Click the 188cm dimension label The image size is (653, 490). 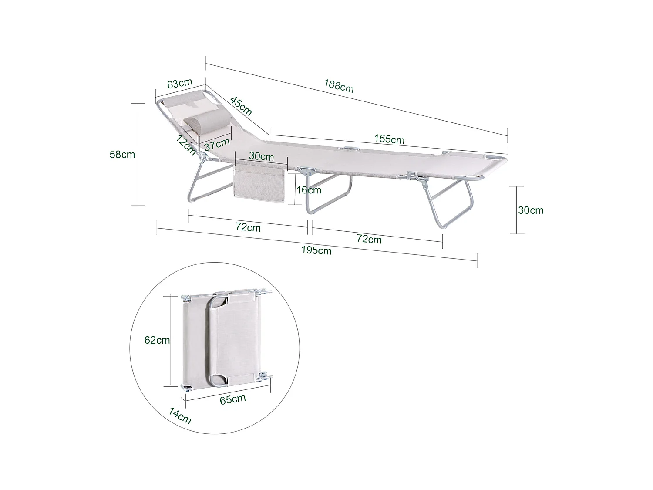tap(339, 86)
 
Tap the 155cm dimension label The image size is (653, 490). tap(389, 139)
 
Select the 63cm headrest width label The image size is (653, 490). tap(179, 83)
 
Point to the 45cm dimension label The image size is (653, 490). tap(241, 106)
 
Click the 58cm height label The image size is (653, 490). tap(122, 154)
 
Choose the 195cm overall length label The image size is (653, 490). tap(316, 250)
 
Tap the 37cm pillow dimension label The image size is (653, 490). tap(217, 144)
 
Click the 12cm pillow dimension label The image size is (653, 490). tap(186, 145)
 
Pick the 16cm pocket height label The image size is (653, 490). tap(309, 190)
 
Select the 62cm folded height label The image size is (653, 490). tap(157, 340)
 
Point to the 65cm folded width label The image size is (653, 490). tap(232, 399)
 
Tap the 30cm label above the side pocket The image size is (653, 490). tap(261, 156)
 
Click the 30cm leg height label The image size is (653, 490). tap(531, 210)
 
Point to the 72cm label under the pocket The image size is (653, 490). tap(248, 227)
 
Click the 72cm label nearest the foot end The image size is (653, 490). tap(369, 239)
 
